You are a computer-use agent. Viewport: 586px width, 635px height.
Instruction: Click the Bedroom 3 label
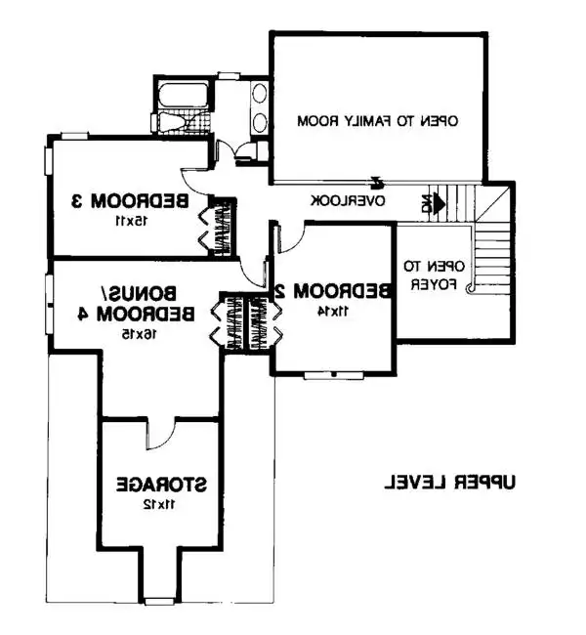(x=130, y=201)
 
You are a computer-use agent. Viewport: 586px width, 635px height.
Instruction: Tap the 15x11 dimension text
(x=131, y=221)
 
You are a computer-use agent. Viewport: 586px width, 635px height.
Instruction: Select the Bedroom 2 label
(x=333, y=291)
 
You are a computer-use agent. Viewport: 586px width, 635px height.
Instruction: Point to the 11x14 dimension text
(x=333, y=311)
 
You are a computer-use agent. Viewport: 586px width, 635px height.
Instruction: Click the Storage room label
(x=161, y=485)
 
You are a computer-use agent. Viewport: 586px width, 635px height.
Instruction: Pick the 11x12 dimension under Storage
(x=159, y=505)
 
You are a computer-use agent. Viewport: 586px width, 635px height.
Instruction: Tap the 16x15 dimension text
(x=140, y=334)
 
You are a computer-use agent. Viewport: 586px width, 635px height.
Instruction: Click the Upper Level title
(x=449, y=483)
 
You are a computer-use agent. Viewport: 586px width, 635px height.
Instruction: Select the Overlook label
(x=348, y=201)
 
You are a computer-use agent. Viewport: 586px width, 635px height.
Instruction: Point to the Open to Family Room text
(x=377, y=121)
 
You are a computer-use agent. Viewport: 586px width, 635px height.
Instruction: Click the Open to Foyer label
(x=434, y=275)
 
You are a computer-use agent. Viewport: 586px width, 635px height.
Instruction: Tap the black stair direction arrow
(x=437, y=203)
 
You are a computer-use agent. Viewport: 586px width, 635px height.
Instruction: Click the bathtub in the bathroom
(x=183, y=96)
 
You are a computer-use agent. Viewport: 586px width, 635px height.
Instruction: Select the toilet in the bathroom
(x=171, y=121)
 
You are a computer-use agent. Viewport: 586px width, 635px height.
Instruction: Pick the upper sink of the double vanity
(x=259, y=94)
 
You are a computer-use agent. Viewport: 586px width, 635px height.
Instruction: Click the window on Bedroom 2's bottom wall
(x=334, y=375)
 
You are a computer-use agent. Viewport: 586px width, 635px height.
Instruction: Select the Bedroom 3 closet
(x=222, y=228)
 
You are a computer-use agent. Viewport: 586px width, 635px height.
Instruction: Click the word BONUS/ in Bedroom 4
(x=138, y=293)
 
